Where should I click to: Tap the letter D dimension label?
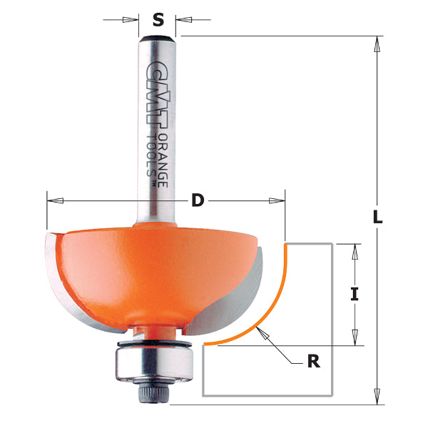(x=198, y=201)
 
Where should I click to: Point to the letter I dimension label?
(x=354, y=294)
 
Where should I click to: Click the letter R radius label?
(x=312, y=362)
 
